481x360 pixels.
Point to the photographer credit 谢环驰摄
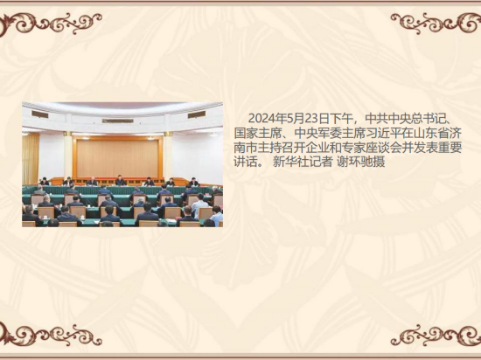(x=360, y=162)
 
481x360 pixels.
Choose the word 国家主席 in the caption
(x=258, y=133)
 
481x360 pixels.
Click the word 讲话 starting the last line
(x=246, y=162)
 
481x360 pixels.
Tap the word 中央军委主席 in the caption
(x=330, y=133)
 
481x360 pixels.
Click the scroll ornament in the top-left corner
(x=49, y=24)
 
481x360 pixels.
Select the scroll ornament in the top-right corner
(x=436, y=23)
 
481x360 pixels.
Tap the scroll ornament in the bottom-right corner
(x=436, y=335)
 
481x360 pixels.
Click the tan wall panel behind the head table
(x=117, y=158)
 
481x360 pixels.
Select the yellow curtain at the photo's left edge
(x=31, y=159)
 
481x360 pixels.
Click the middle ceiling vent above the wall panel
(x=118, y=121)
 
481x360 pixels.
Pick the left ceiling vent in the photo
(x=40, y=114)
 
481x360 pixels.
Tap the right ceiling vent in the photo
(x=197, y=114)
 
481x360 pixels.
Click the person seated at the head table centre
(x=121, y=181)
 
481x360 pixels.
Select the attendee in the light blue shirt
(x=199, y=204)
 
